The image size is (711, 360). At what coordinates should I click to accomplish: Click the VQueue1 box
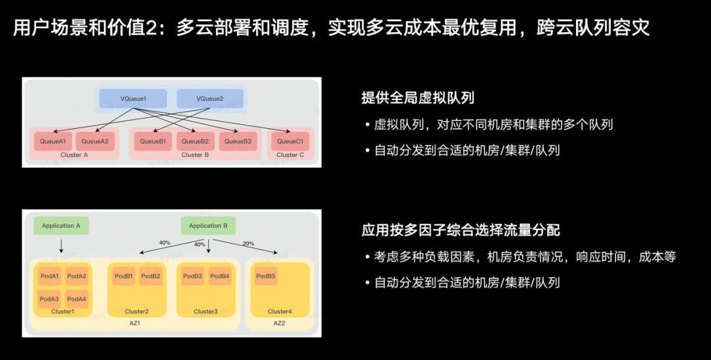pyautogui.click(x=133, y=99)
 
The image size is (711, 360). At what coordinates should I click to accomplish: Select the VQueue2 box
pyautogui.click(x=210, y=99)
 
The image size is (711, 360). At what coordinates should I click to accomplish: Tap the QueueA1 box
pyautogui.click(x=53, y=141)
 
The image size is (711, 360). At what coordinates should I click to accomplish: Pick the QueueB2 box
pyautogui.click(x=195, y=141)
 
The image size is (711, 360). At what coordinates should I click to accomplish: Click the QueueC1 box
pyautogui.click(x=290, y=141)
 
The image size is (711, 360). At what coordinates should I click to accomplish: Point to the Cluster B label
pyautogui.click(x=192, y=155)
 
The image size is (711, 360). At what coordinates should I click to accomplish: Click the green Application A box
pyautogui.click(x=61, y=226)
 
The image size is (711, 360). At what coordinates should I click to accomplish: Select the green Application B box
pyautogui.click(x=208, y=226)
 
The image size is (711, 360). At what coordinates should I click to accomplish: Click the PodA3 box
pyautogui.click(x=49, y=299)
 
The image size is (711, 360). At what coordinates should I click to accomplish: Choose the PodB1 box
pyautogui.click(x=124, y=276)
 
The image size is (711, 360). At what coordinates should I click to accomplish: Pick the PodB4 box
pyautogui.click(x=220, y=276)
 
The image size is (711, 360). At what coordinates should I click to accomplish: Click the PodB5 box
pyautogui.click(x=266, y=276)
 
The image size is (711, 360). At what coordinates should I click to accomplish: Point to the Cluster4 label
pyautogui.click(x=279, y=311)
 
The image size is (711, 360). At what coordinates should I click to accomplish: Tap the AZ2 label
pyautogui.click(x=279, y=323)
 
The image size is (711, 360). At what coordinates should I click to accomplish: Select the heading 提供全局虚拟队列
pyautogui.click(x=417, y=98)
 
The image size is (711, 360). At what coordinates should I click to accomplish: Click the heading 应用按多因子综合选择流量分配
pyautogui.click(x=460, y=230)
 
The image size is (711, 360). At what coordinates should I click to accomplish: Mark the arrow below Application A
pyautogui.click(x=61, y=246)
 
